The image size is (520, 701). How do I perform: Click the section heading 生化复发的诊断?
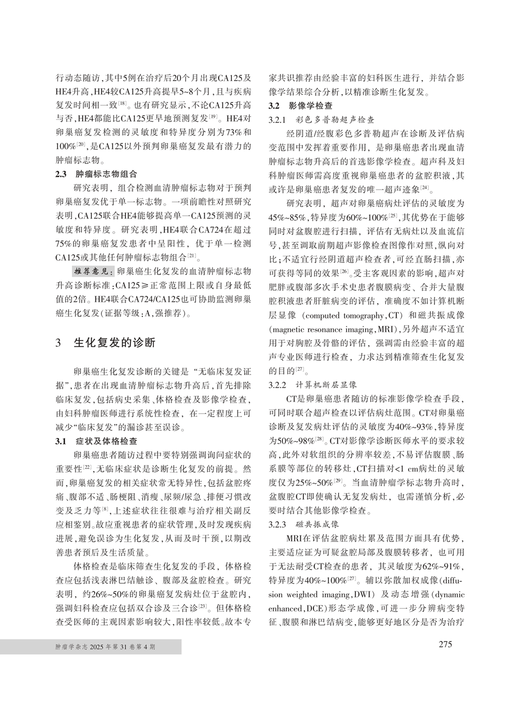click(115, 342)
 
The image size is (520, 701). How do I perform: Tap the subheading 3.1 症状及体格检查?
click(96, 441)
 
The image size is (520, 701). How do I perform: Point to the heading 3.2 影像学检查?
click(301, 106)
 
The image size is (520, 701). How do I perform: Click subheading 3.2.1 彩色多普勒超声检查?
click(322, 120)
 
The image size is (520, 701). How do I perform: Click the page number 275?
click(445, 644)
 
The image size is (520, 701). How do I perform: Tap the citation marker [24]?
click(424, 188)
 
